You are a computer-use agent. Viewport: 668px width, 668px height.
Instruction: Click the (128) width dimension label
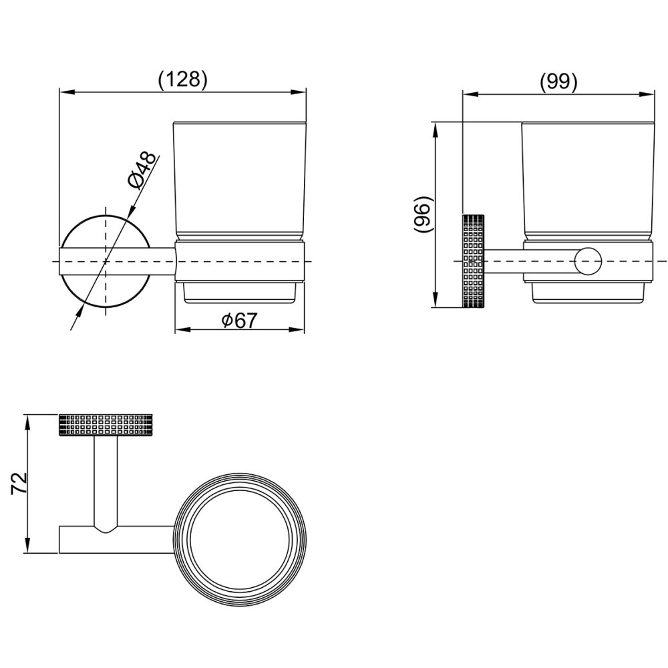[x=183, y=79]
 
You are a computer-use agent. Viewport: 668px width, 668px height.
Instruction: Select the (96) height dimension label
[x=423, y=214]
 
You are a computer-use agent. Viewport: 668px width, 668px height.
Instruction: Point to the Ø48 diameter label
[x=142, y=170]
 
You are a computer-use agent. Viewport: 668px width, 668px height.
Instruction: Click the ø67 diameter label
[x=240, y=320]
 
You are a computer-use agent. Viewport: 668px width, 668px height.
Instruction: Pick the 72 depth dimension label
[x=19, y=483]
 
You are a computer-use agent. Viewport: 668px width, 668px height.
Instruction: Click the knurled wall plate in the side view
[x=473, y=261]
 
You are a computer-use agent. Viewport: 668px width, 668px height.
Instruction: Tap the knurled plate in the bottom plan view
[x=106, y=424]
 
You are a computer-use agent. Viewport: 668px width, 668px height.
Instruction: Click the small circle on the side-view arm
[x=587, y=261]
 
